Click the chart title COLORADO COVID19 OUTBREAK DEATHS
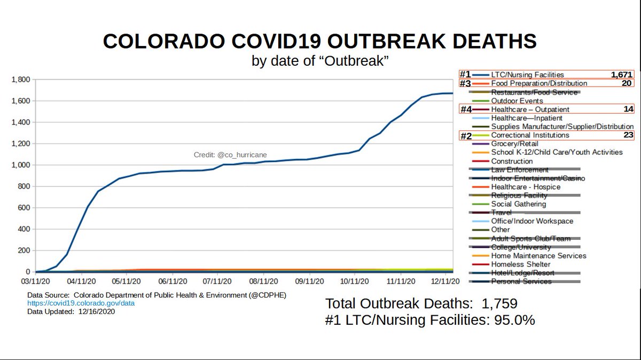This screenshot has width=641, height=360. click(x=319, y=42)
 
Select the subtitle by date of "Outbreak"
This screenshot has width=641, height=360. click(x=319, y=61)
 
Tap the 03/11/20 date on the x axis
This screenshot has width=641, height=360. click(x=36, y=280)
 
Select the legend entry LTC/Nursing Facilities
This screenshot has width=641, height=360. click(x=527, y=75)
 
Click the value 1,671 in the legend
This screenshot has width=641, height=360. click(x=621, y=75)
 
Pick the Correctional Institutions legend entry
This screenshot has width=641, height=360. click(x=530, y=135)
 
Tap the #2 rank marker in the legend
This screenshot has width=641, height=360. click(x=466, y=136)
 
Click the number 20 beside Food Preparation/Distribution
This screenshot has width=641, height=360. click(x=627, y=83)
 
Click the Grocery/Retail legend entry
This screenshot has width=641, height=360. click(x=514, y=144)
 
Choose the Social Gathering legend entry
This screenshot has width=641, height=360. click(x=518, y=204)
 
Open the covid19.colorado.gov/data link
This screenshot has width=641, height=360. click(x=81, y=303)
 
